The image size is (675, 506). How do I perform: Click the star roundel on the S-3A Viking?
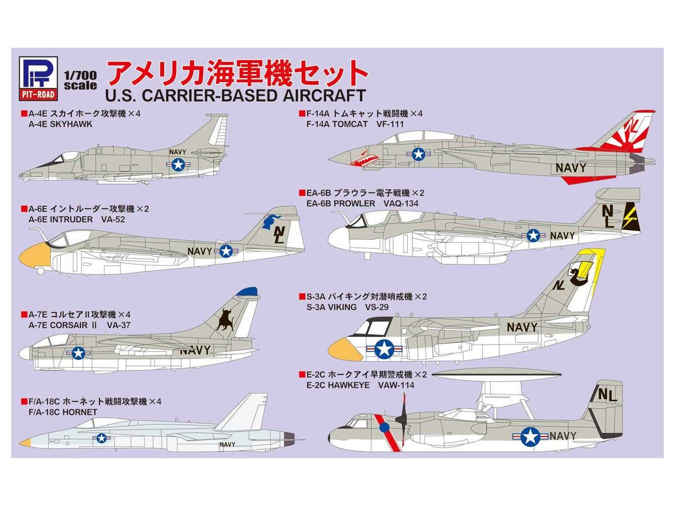[x=384, y=349]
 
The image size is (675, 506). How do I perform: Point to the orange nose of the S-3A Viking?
[x=345, y=350]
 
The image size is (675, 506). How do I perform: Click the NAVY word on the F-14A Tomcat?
[x=570, y=168]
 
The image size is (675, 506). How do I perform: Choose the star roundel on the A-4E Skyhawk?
[x=178, y=164]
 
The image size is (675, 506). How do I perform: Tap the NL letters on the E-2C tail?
[x=607, y=395]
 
